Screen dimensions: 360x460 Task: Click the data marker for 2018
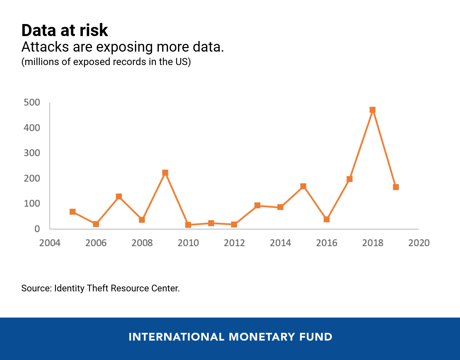[x=372, y=110]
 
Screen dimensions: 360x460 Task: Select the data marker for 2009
[x=165, y=173]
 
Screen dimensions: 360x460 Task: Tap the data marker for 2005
[x=73, y=212]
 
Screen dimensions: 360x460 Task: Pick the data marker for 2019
[x=396, y=187]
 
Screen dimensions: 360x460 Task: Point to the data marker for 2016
[x=327, y=219]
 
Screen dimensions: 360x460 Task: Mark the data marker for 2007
[x=119, y=197]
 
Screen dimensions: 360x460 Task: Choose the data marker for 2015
[x=303, y=186]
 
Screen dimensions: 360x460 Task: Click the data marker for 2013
[x=257, y=205]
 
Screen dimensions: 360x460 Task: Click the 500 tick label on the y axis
[x=32, y=103]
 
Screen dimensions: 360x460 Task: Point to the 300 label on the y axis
[x=32, y=153]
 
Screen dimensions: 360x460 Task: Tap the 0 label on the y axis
[x=37, y=229]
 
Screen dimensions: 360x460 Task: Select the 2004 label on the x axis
[x=50, y=243]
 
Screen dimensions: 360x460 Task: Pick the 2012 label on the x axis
[x=234, y=243]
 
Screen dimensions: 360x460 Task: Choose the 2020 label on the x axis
[x=419, y=243]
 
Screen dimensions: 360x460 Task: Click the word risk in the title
[x=94, y=30]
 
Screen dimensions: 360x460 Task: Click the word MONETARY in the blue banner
[x=262, y=337]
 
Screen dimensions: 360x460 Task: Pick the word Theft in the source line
[x=97, y=288]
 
